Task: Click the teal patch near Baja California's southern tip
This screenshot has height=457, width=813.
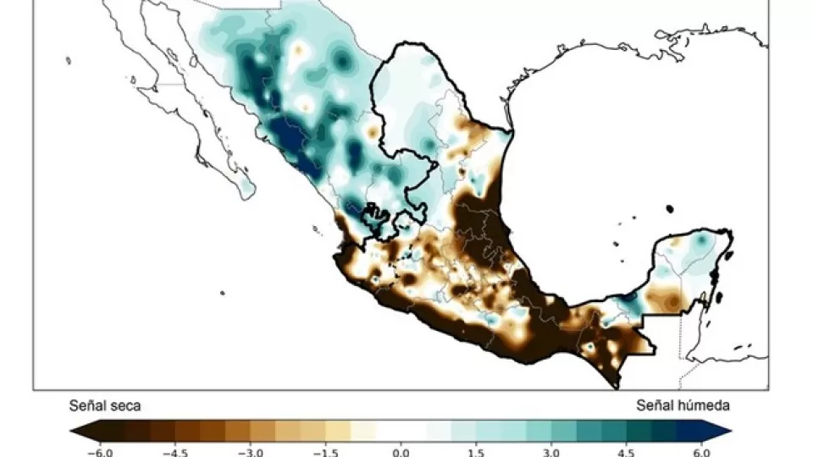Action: (x=246, y=186)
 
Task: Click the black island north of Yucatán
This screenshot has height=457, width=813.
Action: (x=669, y=208)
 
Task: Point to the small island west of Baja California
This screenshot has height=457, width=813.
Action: (x=69, y=59)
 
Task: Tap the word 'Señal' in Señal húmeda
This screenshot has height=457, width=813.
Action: (x=653, y=406)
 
